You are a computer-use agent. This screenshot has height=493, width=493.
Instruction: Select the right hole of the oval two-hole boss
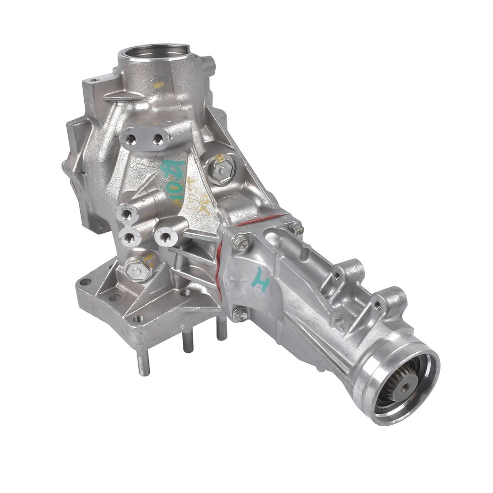(158, 138)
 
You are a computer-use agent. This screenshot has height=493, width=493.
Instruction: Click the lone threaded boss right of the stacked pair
(166, 237)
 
